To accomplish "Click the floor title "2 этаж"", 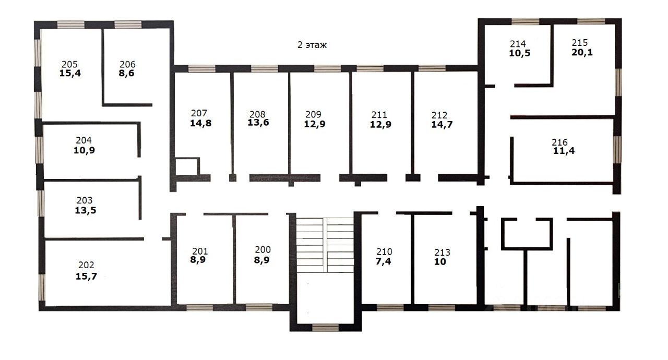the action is pyautogui.click(x=312, y=45).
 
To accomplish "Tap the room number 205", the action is pyautogui.click(x=69, y=64).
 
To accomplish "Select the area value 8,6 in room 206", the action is pyautogui.click(x=126, y=74).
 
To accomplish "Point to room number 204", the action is pyautogui.click(x=83, y=140).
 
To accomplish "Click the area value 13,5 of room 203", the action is pyautogui.click(x=85, y=210).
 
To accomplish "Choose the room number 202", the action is pyautogui.click(x=86, y=265).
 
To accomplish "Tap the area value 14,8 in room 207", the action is pyautogui.click(x=201, y=123).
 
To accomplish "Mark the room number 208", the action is pyautogui.click(x=257, y=114).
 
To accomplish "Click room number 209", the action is pyautogui.click(x=313, y=114).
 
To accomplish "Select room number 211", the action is pyautogui.click(x=379, y=115).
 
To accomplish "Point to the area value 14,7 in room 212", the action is pyautogui.click(x=442, y=124).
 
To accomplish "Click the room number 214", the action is pyautogui.click(x=518, y=44).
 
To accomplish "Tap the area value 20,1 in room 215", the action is pyautogui.click(x=582, y=53).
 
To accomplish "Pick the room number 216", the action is pyautogui.click(x=559, y=142).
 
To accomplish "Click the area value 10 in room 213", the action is pyautogui.click(x=440, y=262).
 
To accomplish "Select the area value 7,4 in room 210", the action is pyautogui.click(x=383, y=261).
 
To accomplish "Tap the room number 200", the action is pyautogui.click(x=263, y=249).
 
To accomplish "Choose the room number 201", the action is pyautogui.click(x=200, y=251).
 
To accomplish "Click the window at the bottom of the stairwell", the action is pyautogui.click(x=325, y=328).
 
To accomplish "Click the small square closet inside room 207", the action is pyautogui.click(x=187, y=166).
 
